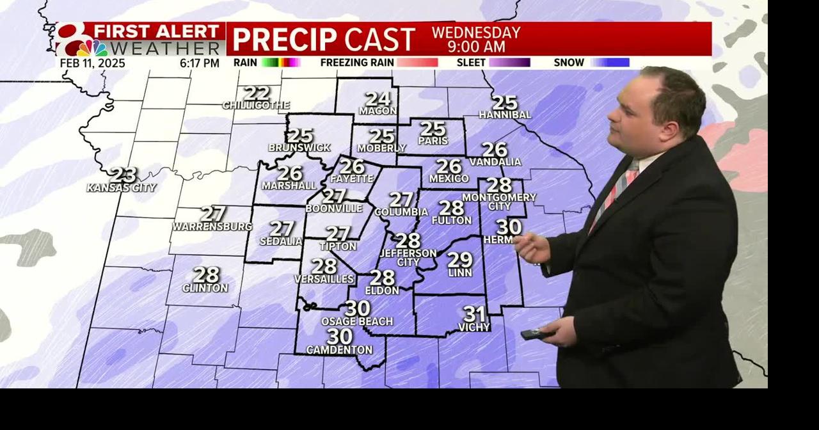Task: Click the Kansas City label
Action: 122,187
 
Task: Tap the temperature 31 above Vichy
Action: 474,314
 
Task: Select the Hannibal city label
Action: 505,115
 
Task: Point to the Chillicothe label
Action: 256,105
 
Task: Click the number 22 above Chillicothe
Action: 257,93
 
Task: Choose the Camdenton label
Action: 339,349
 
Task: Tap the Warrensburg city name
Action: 212,227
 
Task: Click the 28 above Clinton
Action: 206,275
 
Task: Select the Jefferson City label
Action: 408,257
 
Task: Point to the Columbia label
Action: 401,212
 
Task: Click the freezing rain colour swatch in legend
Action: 417,63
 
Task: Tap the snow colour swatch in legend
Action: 610,63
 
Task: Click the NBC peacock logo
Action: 92,48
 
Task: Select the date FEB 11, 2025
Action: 93,63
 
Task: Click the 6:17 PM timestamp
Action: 200,63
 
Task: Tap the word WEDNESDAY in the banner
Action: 476,33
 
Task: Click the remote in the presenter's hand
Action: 535,333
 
